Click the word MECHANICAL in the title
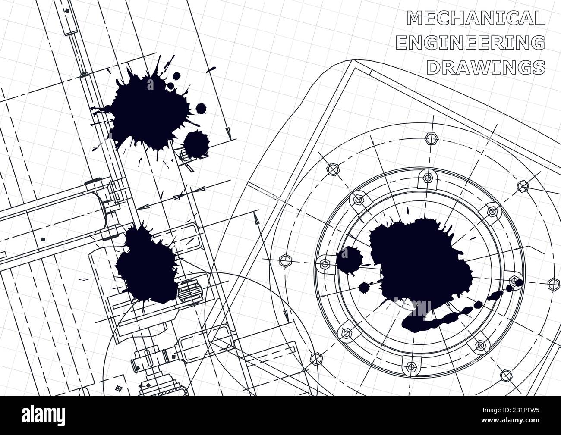click(x=476, y=18)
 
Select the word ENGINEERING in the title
click(x=470, y=42)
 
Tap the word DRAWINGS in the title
click(x=486, y=67)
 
